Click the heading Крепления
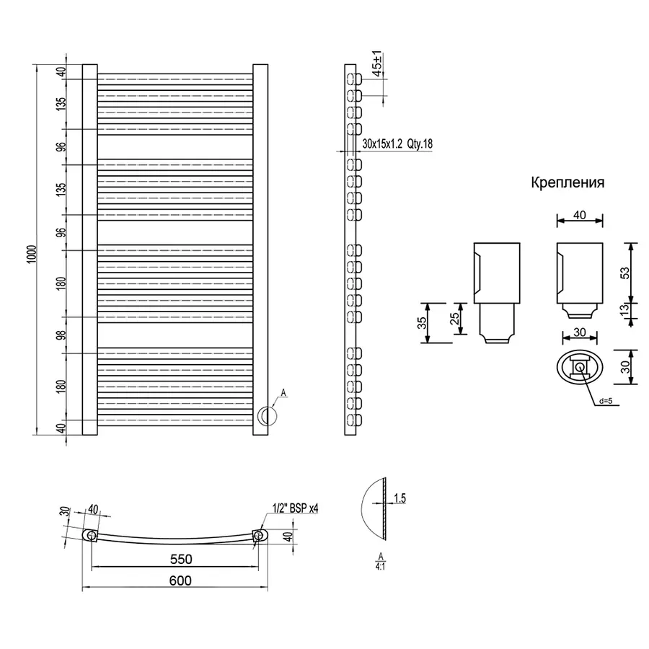[x=568, y=182]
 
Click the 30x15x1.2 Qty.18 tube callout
[x=397, y=144]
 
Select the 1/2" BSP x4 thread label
[x=296, y=508]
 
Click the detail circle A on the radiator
[x=267, y=416]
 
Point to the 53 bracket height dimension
[x=625, y=272]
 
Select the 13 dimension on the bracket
[x=625, y=309]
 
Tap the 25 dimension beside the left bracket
[x=455, y=318]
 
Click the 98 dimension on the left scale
[x=61, y=335]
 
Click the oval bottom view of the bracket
[x=580, y=368]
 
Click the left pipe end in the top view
[x=92, y=535]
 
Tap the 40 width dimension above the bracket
[x=579, y=215]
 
